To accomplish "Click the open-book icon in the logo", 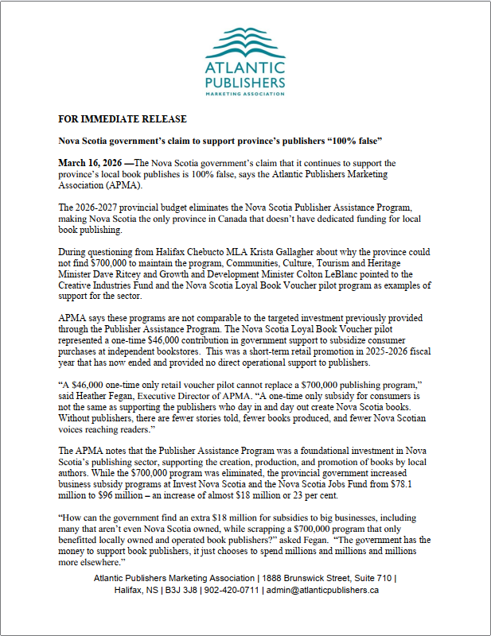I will (x=245, y=40).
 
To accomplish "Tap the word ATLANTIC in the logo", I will (x=245, y=67).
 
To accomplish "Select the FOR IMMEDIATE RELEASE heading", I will (x=123, y=119).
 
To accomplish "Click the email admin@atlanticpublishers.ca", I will (x=321, y=590).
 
